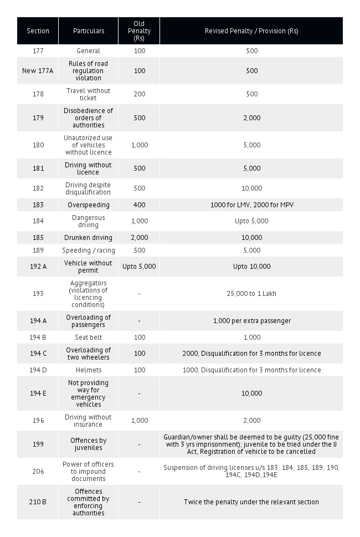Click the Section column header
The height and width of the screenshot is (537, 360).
38,31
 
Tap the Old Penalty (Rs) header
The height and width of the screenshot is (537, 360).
139,31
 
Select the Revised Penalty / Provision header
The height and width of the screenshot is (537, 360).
251,31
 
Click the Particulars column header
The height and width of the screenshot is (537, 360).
89,31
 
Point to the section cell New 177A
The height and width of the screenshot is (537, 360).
38,71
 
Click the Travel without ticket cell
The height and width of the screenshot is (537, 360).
89,94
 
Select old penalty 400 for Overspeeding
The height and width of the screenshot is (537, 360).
139,205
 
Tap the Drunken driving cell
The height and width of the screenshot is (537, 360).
89,238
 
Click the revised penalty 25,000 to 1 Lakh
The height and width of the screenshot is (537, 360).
251,294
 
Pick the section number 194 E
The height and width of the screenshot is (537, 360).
38,393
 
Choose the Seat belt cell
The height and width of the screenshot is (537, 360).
89,337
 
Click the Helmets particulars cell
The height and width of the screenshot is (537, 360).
89,370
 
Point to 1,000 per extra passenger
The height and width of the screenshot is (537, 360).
251,321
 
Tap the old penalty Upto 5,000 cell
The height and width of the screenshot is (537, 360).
139,267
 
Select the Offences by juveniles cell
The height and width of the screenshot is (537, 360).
89,444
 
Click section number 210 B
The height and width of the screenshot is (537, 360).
38,502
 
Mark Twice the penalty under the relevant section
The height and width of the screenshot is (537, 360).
251,502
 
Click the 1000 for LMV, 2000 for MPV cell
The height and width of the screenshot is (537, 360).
251,205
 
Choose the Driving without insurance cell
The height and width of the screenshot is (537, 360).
89,421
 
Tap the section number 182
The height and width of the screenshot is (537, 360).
38,188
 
